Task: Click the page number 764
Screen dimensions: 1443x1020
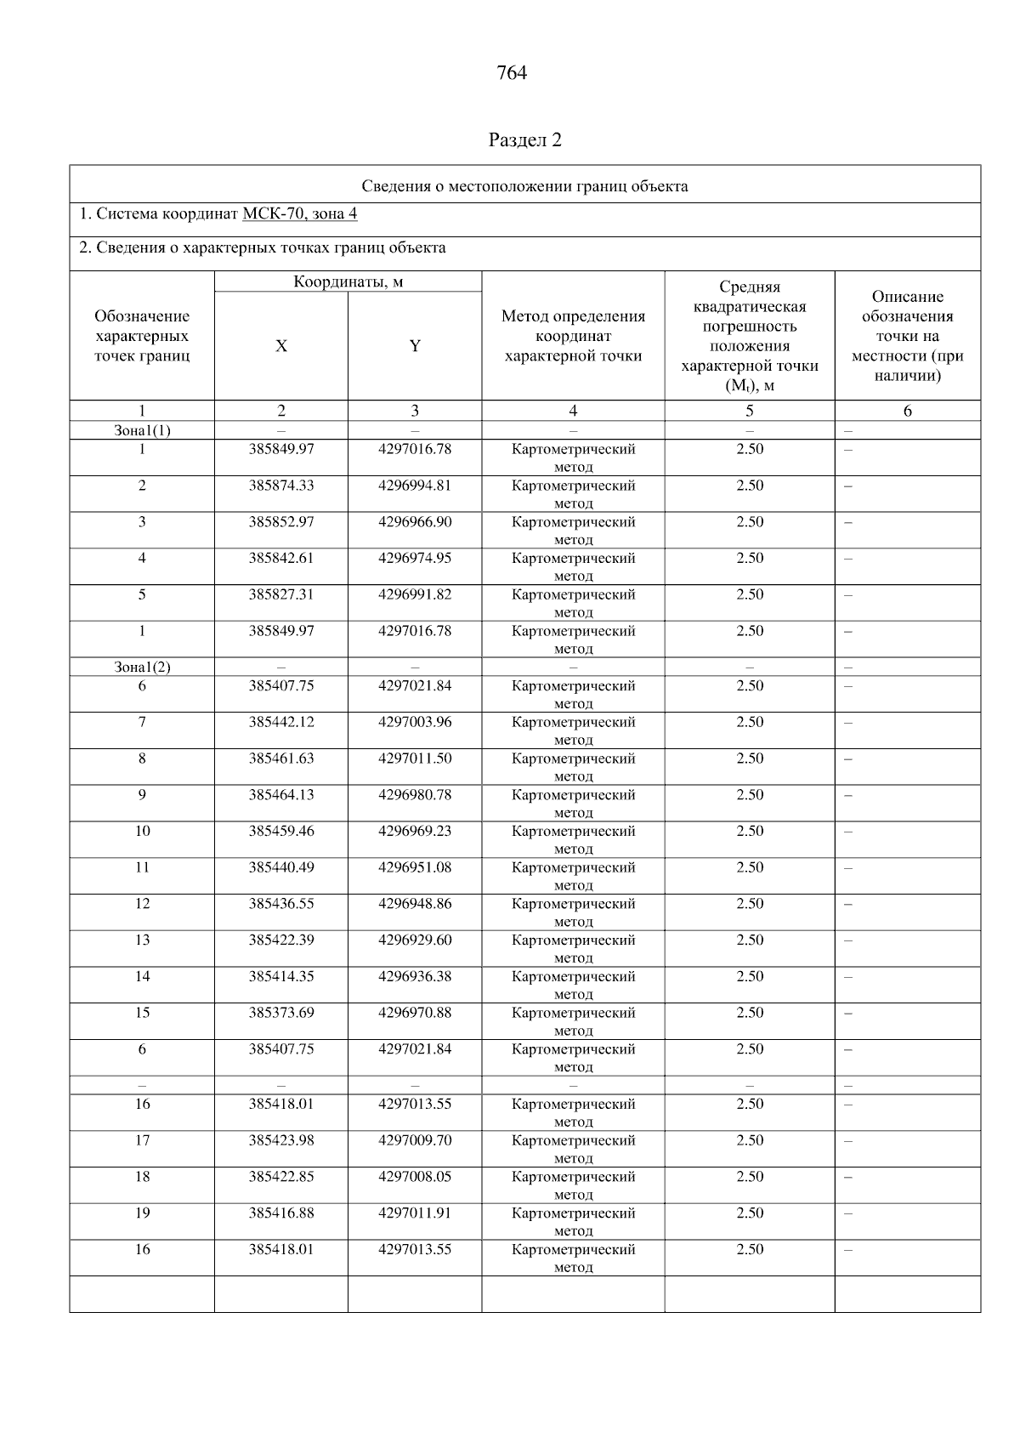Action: coord(511,73)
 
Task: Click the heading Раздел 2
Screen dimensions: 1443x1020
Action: coord(524,139)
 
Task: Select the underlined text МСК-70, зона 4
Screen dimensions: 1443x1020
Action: coord(299,213)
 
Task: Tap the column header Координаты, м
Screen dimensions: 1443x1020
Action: coord(348,281)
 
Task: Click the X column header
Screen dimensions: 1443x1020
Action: coord(280,346)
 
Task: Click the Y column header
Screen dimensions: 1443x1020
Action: coord(415,346)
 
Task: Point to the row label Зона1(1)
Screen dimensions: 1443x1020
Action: coord(142,430)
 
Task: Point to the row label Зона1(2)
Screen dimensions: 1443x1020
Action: coord(142,667)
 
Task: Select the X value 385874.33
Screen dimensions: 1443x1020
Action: coord(280,486)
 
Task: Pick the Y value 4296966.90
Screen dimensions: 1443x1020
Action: coord(415,522)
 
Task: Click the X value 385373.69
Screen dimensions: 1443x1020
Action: coord(280,1013)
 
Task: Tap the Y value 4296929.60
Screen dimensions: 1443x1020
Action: coord(415,940)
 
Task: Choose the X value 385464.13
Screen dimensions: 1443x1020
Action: coord(280,795)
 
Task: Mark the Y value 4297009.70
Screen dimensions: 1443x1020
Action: coord(415,1140)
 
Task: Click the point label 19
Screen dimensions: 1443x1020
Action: coord(142,1213)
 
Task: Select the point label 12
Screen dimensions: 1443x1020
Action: coord(142,904)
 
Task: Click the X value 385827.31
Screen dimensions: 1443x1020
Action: coord(280,594)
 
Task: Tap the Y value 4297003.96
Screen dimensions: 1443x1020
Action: coord(415,722)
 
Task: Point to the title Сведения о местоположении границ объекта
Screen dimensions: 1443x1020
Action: coord(524,186)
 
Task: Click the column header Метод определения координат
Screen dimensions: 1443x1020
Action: coord(573,336)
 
